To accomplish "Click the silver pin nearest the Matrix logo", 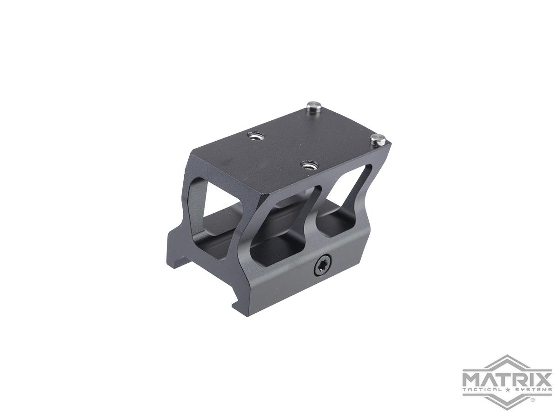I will pos(378,139).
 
